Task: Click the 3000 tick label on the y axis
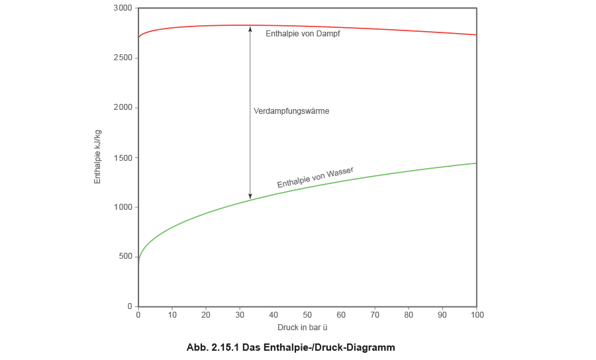coord(125,8)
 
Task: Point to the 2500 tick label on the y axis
coord(125,58)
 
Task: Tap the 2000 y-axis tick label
coord(125,107)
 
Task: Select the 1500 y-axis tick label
coord(125,157)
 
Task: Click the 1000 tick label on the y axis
coord(125,207)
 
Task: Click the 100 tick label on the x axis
coord(475,315)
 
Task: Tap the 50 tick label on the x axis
coord(307,315)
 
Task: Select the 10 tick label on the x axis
coord(172,315)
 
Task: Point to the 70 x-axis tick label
coord(375,315)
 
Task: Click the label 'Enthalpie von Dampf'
coord(303,33)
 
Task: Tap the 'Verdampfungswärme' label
coord(292,112)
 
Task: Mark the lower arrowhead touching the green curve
coord(250,195)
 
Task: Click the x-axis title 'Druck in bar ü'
coord(302,327)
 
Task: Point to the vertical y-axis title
coord(98,157)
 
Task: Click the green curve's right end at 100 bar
coord(475,163)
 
